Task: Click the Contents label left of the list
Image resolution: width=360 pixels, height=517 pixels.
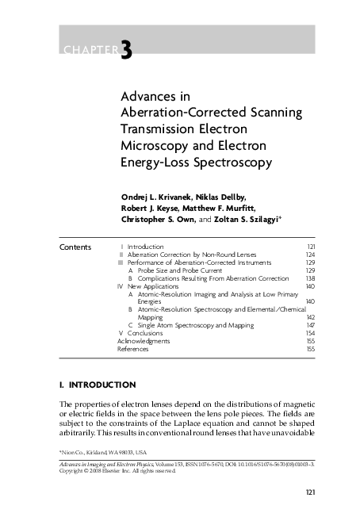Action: pyautogui.click(x=75, y=247)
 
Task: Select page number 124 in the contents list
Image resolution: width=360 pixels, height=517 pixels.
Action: pyautogui.click(x=310, y=255)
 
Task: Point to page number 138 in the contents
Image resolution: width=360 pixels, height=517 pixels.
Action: pyautogui.click(x=310, y=278)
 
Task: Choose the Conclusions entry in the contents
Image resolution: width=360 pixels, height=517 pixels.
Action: pyautogui.click(x=145, y=333)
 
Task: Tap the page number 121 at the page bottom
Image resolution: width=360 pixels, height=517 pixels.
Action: pyautogui.click(x=311, y=494)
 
